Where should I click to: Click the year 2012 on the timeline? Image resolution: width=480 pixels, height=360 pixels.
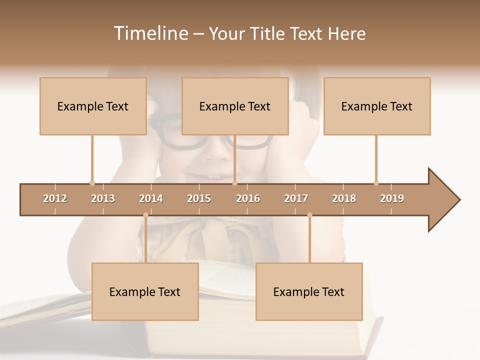pyautogui.click(x=55, y=198)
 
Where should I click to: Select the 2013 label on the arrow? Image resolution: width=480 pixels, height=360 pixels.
pyautogui.click(x=103, y=198)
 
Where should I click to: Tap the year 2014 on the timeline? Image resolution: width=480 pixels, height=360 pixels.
pyautogui.click(x=151, y=198)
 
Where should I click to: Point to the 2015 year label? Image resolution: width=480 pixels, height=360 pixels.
pyautogui.click(x=199, y=198)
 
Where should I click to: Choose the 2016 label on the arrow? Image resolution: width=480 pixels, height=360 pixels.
pyautogui.click(x=248, y=198)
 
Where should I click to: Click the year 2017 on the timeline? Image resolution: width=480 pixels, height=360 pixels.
pyautogui.click(x=296, y=198)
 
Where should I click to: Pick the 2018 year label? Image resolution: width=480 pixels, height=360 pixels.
pyautogui.click(x=344, y=198)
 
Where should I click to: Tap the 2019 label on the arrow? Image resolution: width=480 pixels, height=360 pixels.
pyautogui.click(x=392, y=198)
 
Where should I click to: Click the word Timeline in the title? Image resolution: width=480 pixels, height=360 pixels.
pyautogui.click(x=149, y=33)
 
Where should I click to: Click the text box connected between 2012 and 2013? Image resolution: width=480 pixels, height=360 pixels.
pyautogui.click(x=93, y=106)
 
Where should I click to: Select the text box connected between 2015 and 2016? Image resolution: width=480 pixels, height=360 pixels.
pyautogui.click(x=235, y=106)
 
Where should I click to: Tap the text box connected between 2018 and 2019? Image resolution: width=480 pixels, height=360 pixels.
pyautogui.click(x=377, y=106)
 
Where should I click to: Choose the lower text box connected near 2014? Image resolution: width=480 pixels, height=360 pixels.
pyautogui.click(x=145, y=291)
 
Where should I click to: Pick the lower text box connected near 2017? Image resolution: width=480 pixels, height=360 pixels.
pyautogui.click(x=309, y=291)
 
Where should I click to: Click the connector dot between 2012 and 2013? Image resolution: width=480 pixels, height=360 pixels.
pyautogui.click(x=92, y=183)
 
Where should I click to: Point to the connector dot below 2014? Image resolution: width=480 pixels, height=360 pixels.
pyautogui.click(x=145, y=215)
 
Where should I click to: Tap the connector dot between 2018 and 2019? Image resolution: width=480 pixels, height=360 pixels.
pyautogui.click(x=376, y=183)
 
